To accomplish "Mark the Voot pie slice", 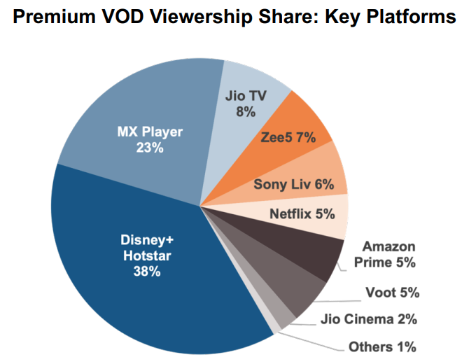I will tap(294, 287).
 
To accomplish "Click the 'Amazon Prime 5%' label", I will tap(388, 255).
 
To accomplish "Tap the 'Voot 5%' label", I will tap(392, 293).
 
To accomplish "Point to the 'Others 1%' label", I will tap(382, 346).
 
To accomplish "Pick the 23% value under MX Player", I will tap(150, 148).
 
